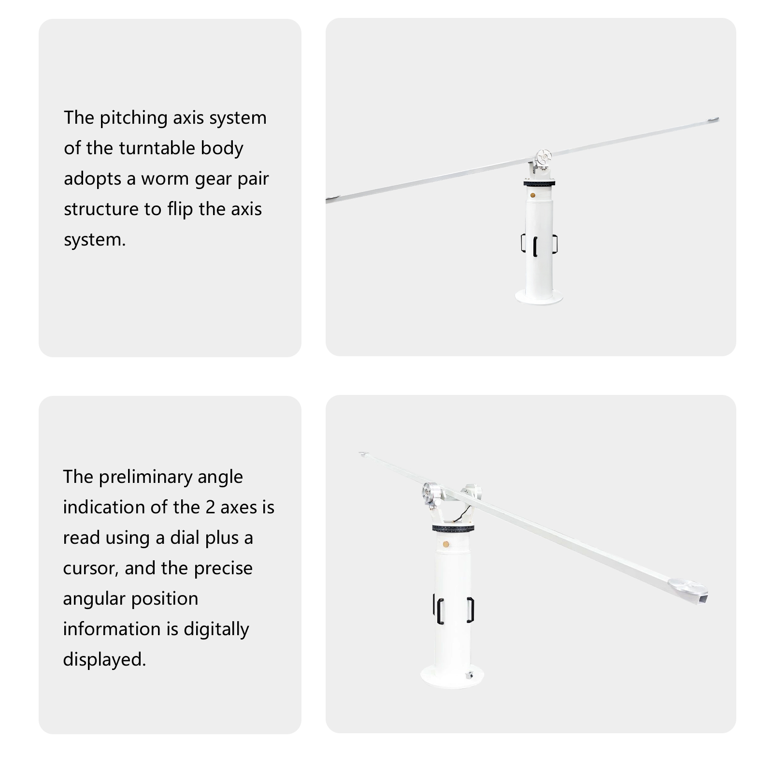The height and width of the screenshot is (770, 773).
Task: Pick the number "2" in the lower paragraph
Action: pyautogui.click(x=210, y=508)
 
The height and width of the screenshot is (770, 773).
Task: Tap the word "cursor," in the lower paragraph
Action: pyautogui.click(x=91, y=569)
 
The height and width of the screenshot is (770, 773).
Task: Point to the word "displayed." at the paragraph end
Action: pyautogui.click(x=104, y=659)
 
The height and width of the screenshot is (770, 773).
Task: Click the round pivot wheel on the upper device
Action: pyautogui.click(x=544, y=157)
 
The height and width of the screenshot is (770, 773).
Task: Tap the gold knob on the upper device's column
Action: pyautogui.click(x=532, y=195)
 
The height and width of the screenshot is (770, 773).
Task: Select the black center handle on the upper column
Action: pyautogui.click(x=535, y=247)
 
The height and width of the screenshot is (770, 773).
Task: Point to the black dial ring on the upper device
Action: pyautogui.click(x=539, y=183)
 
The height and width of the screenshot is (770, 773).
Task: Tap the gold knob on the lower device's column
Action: pyautogui.click(x=445, y=544)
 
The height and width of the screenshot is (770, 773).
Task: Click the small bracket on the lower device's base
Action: pyautogui.click(x=468, y=675)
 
